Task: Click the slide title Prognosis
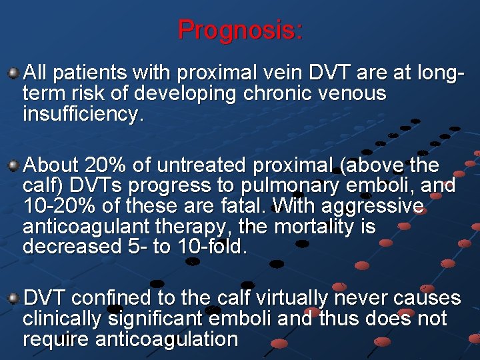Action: pyautogui.click(x=240, y=29)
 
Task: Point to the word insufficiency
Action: pyautogui.click(x=83, y=114)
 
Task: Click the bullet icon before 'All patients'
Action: pyautogui.click(x=13, y=71)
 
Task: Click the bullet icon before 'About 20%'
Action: pyautogui.click(x=13, y=164)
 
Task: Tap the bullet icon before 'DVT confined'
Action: pyautogui.click(x=13, y=297)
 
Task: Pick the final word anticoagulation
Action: pyautogui.click(x=167, y=339)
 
